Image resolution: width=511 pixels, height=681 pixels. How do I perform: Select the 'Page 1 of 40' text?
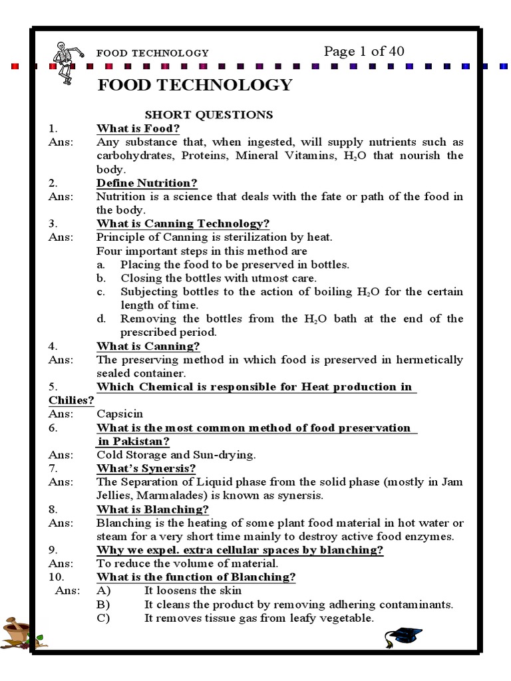click(363, 51)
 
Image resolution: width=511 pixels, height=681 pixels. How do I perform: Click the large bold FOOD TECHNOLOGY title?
click(194, 85)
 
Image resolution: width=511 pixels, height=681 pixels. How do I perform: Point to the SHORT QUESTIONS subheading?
click(209, 114)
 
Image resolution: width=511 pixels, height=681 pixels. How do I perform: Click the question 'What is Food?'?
click(138, 128)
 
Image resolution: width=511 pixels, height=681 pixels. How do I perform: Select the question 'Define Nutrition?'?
click(147, 183)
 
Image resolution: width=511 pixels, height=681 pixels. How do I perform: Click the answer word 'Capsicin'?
click(120, 414)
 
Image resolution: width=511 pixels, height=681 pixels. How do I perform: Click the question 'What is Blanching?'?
click(153, 509)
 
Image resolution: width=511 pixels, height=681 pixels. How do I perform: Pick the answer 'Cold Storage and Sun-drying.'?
click(176, 455)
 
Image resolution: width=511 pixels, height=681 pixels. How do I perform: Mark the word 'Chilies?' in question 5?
click(71, 400)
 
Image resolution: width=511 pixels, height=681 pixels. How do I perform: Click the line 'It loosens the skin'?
click(193, 591)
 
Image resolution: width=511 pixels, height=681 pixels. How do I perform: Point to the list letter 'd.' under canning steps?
click(101, 319)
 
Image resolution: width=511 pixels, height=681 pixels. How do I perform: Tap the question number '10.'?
click(56, 577)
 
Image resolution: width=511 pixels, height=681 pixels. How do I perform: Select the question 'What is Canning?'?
click(148, 346)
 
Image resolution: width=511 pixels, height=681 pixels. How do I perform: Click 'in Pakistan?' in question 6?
click(134, 441)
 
